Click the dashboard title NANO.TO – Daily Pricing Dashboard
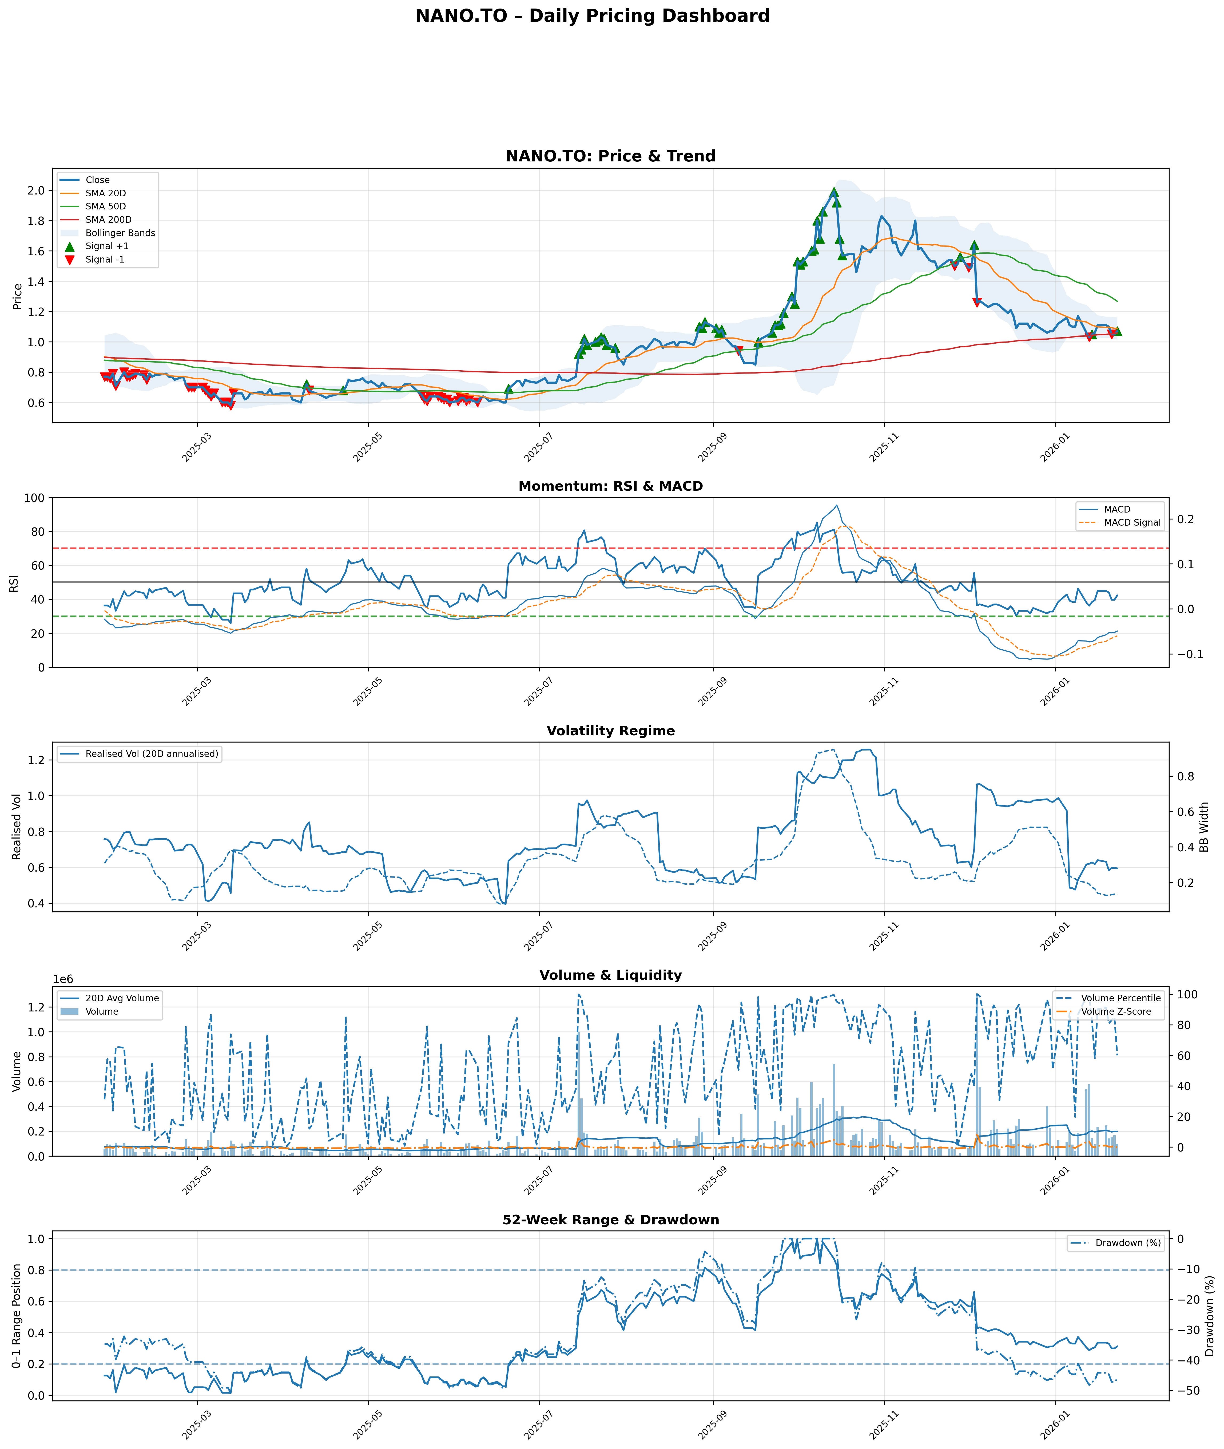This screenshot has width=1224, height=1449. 593,16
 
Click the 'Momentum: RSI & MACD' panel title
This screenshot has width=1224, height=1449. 611,486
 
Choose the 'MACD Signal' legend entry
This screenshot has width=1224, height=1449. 1132,523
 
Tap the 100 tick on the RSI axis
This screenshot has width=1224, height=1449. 35,498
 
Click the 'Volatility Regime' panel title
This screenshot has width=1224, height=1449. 611,731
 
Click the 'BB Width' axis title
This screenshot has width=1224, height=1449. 1205,827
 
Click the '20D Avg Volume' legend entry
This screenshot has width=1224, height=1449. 122,998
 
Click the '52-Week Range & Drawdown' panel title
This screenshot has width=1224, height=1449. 611,1220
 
